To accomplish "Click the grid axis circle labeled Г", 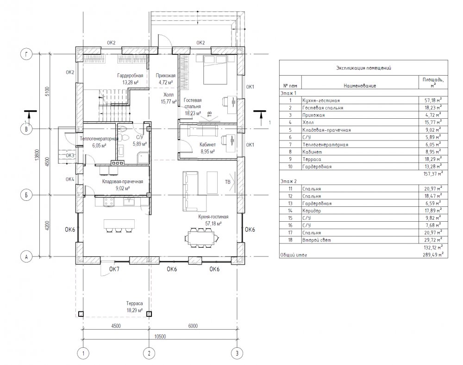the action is [x=26, y=54].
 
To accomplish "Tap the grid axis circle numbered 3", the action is [x=237, y=353].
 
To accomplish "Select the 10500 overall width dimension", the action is [x=160, y=336].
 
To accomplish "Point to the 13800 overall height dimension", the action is [x=37, y=154].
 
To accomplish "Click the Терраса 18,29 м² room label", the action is [x=134, y=307].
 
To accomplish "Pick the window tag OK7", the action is [x=114, y=269].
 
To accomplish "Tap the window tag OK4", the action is [x=70, y=179].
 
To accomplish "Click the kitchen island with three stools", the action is [x=119, y=225].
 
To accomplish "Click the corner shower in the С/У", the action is [x=143, y=157].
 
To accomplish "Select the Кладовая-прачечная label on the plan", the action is [x=123, y=182].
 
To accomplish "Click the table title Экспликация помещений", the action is [x=363, y=68].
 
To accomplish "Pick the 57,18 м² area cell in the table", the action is [x=433, y=101].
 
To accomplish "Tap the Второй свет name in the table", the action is [x=317, y=240].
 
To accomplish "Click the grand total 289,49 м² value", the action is [x=433, y=254].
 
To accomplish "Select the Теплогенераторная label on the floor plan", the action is [x=99, y=139].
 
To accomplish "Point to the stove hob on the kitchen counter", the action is [x=108, y=202].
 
